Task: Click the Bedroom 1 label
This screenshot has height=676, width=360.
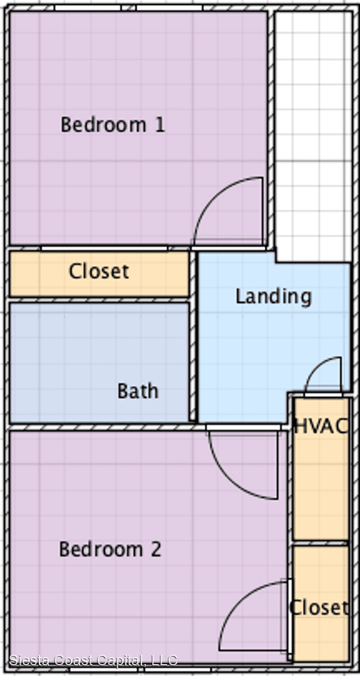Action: pyautogui.click(x=113, y=125)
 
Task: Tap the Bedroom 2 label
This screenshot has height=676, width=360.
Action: pyautogui.click(x=110, y=550)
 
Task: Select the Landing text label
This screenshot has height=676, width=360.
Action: pyautogui.click(x=274, y=297)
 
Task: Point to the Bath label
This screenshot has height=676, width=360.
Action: pyautogui.click(x=138, y=391)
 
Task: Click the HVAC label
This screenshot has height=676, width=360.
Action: pyautogui.click(x=321, y=426)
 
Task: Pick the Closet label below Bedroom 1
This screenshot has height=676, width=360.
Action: pyautogui.click(x=99, y=272)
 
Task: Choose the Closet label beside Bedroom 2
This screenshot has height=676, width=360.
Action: pyautogui.click(x=319, y=607)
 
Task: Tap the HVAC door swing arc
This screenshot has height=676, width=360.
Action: pyautogui.click(x=317, y=365)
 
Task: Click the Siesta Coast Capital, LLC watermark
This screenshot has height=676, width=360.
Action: pyautogui.click(x=93, y=660)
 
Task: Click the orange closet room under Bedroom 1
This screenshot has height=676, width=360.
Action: pyautogui.click(x=99, y=274)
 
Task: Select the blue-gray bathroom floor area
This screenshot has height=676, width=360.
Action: pyautogui.click(x=99, y=362)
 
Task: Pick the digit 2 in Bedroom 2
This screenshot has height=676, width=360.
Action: pyautogui.click(x=155, y=550)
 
